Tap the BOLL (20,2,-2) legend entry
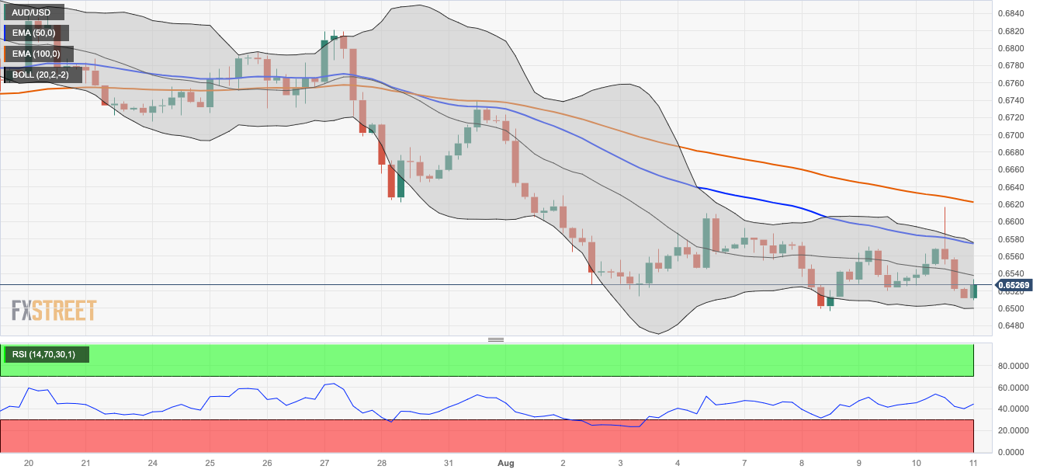(40, 75)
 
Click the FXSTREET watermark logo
(54, 311)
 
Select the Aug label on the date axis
(505, 463)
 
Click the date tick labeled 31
(449, 463)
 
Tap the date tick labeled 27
(324, 463)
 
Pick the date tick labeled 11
(973, 463)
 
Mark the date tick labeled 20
(29, 463)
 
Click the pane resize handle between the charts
(496, 339)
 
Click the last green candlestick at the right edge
(973, 291)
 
